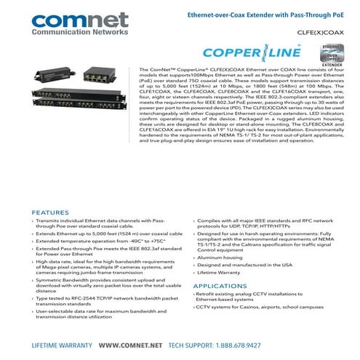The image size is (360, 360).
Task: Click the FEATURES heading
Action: [x=50, y=213]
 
